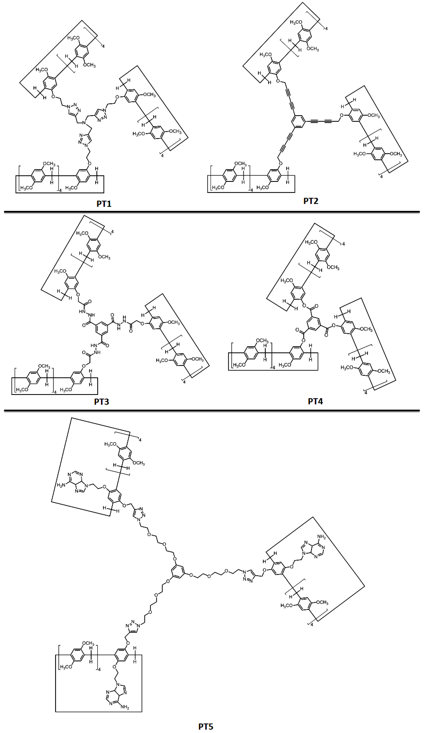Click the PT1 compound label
click(x=104, y=204)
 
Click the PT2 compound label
click(x=311, y=201)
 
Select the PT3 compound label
click(x=102, y=402)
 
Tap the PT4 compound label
click(x=315, y=401)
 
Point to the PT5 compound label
click(x=206, y=727)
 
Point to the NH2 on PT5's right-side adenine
click(x=322, y=537)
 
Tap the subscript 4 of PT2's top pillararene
click(x=326, y=28)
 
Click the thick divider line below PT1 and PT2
click(x=212, y=212)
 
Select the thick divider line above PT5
click(x=212, y=410)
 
